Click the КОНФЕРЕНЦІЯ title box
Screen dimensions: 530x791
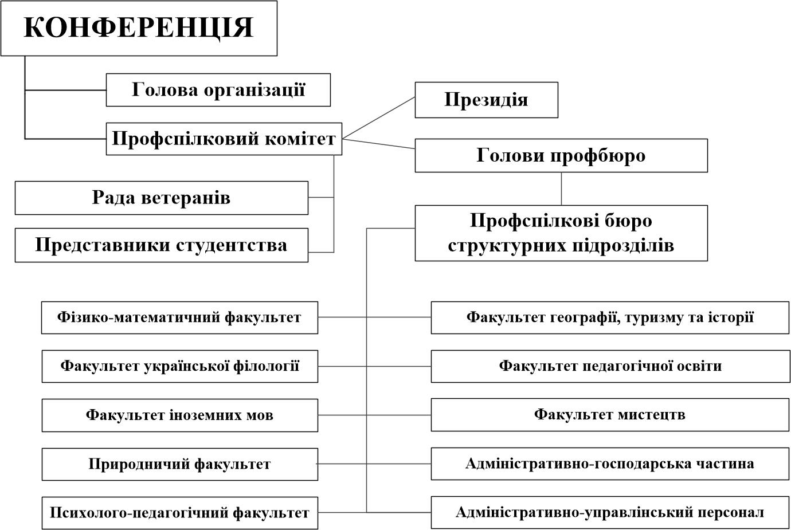[x=139, y=28]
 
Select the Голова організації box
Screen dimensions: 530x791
[x=218, y=90]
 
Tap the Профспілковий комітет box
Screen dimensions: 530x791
[x=224, y=139]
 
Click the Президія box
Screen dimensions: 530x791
[x=486, y=100]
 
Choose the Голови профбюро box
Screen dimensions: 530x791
[x=561, y=155]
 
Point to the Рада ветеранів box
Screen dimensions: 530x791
[x=162, y=198]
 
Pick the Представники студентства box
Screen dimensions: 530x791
[x=162, y=245]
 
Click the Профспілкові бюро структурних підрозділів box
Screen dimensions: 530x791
[x=561, y=233]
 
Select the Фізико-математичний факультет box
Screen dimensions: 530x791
[x=179, y=317]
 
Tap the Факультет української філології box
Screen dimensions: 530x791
[x=179, y=366]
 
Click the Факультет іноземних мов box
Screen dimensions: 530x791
[x=179, y=415]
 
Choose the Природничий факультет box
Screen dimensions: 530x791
[x=179, y=464]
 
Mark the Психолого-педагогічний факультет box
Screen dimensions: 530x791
[x=179, y=513]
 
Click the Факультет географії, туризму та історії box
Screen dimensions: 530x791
[x=610, y=317]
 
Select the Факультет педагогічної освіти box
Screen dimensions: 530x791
[x=610, y=366]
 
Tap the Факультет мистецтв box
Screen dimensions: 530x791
[x=610, y=415]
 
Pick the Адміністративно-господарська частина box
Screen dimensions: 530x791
[x=610, y=464]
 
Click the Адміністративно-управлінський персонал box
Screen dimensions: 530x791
[x=610, y=513]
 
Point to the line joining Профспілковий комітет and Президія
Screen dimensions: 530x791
[x=378, y=118]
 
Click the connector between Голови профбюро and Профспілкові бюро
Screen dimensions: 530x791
[x=561, y=189]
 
